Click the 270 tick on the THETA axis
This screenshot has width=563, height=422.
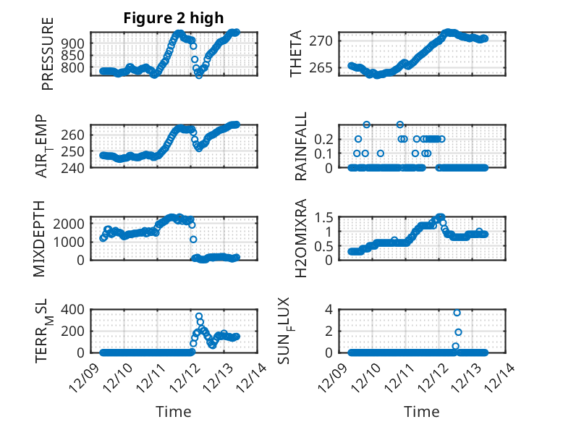323,41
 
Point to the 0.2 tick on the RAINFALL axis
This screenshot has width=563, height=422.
323,138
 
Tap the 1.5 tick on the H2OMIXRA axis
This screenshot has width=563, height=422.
323,217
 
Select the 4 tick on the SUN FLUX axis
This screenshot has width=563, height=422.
329,309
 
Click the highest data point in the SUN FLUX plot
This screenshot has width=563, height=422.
457,313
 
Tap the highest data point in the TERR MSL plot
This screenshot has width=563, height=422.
199,316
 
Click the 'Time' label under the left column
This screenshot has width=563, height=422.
174,412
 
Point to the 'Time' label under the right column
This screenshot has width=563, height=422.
422,412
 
